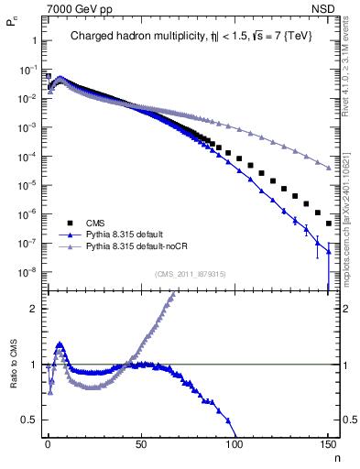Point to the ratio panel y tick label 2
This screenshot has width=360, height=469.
pos(33,309)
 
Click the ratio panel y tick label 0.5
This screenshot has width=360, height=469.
pos(29,420)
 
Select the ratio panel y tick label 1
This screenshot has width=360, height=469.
pos(33,365)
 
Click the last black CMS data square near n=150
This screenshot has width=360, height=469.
pos(327,222)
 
